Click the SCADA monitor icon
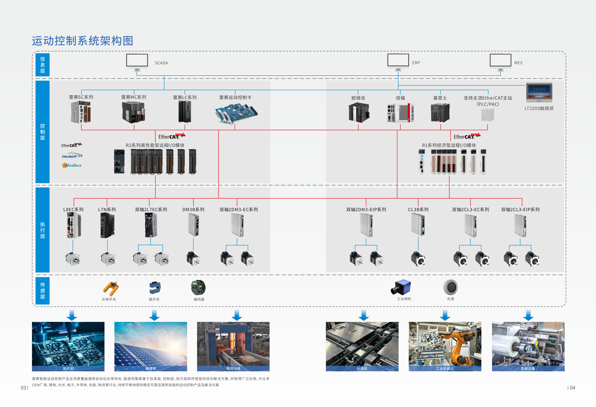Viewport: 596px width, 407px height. coord(137,61)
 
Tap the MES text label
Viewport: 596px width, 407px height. coord(518,63)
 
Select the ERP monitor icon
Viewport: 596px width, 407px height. coord(398,61)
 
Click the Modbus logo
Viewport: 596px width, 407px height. coord(72,165)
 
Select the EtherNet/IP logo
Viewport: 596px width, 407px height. coord(72,156)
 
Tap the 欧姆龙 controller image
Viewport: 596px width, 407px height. coord(359,113)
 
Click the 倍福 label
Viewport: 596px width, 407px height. coord(400,98)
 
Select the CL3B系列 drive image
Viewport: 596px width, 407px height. coord(418,224)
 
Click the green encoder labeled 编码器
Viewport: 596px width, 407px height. coord(198,287)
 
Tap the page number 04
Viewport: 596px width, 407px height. coord(572,388)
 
